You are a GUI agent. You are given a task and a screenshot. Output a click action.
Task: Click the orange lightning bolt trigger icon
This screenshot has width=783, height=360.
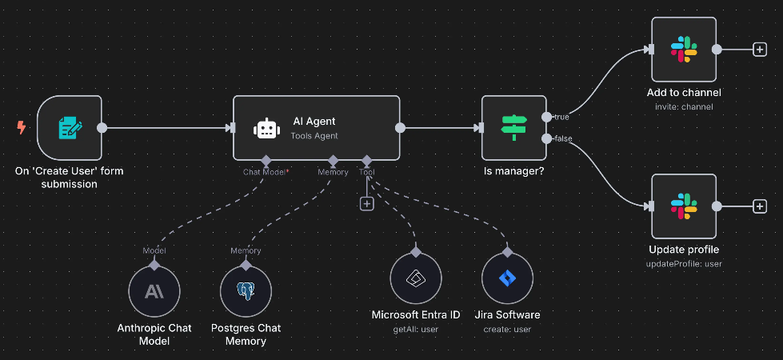(22, 127)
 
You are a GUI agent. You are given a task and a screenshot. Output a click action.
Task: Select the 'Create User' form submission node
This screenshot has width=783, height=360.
(70, 127)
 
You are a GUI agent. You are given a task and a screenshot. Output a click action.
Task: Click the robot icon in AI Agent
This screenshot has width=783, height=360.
(266, 128)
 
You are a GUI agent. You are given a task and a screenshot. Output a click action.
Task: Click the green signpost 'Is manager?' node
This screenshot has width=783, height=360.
(513, 127)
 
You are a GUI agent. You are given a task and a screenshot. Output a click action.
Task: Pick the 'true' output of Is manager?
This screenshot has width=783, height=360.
(546, 117)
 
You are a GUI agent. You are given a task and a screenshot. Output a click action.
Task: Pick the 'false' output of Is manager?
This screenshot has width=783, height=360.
(546, 139)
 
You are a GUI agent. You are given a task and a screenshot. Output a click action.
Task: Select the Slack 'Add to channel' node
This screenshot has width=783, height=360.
(683, 50)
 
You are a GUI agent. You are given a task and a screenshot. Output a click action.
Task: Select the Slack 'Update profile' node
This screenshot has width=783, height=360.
(683, 206)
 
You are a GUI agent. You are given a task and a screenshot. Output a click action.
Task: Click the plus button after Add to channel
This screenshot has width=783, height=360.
(759, 50)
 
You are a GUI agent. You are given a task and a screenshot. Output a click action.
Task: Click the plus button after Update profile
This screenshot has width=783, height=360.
(759, 206)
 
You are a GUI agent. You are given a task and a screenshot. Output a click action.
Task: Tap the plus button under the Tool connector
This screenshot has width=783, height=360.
(367, 204)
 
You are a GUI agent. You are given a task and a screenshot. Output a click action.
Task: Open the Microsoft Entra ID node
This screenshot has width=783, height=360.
(416, 279)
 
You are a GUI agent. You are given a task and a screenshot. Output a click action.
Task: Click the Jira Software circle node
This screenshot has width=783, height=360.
(507, 279)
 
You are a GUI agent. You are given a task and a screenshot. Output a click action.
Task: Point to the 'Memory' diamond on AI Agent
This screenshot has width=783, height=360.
(333, 160)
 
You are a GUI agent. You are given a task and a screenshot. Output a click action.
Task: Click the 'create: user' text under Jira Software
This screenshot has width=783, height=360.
(507, 329)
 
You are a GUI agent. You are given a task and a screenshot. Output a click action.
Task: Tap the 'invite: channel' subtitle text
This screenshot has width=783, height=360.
(683, 106)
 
